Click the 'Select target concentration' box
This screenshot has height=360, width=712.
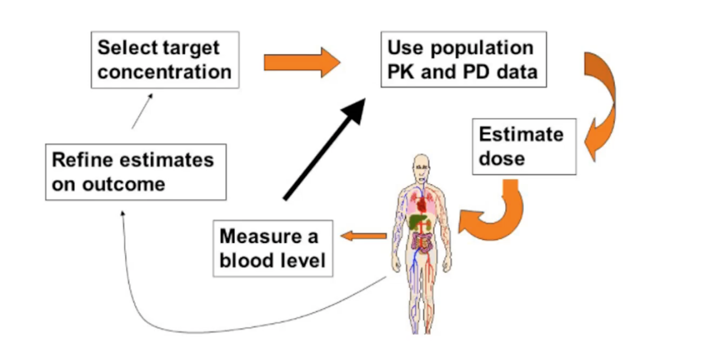(165, 59)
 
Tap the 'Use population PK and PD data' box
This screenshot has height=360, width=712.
(463, 59)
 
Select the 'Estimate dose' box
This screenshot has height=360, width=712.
(524, 146)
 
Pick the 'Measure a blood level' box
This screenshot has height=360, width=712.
(273, 248)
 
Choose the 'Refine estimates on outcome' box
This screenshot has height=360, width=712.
(135, 172)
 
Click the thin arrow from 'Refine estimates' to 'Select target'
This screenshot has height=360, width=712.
(142, 111)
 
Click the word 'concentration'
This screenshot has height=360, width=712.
(164, 72)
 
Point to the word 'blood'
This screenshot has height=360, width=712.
(247, 261)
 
